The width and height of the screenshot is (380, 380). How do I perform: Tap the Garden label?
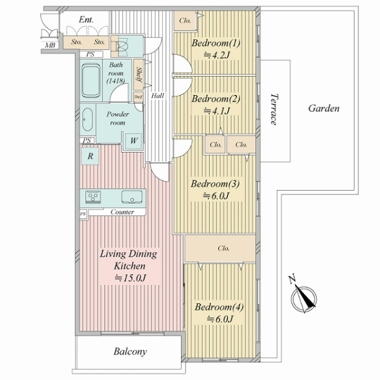click(x=324, y=108)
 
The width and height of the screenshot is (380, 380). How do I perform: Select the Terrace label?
click(x=274, y=109)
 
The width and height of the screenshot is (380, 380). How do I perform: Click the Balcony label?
click(x=130, y=351)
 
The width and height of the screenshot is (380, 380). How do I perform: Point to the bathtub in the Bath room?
click(x=91, y=80)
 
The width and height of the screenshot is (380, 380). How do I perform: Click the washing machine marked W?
click(x=133, y=141)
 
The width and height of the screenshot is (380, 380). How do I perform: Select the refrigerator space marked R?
click(x=90, y=156)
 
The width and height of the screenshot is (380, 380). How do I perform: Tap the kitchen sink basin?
click(x=132, y=197)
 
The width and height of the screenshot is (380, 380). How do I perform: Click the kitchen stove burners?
click(x=93, y=196)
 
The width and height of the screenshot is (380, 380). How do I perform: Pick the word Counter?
click(x=122, y=212)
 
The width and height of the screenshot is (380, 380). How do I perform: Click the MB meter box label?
click(x=50, y=45)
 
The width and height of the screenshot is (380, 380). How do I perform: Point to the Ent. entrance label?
click(x=86, y=20)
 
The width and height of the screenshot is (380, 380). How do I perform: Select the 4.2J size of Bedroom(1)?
click(x=216, y=56)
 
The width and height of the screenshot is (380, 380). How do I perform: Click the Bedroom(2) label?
click(x=216, y=99)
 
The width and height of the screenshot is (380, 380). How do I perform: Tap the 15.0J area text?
click(x=130, y=278)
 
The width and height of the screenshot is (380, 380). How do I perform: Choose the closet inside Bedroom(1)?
click(x=185, y=21)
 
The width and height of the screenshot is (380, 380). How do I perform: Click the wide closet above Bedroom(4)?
click(x=220, y=248)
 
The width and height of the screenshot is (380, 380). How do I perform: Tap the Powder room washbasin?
click(x=87, y=120)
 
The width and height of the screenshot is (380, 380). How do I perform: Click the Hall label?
click(x=158, y=96)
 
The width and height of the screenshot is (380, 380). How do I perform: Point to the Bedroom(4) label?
click(x=219, y=307)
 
